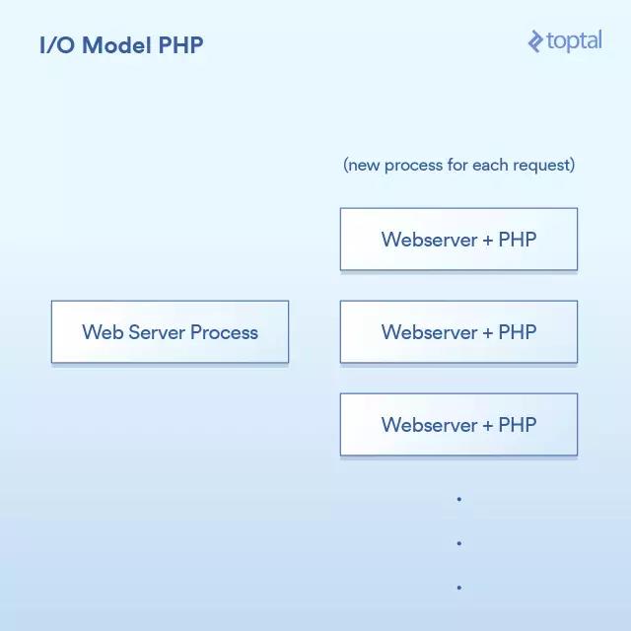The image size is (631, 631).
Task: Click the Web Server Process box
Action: (x=170, y=331)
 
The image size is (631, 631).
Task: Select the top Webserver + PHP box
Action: (x=458, y=239)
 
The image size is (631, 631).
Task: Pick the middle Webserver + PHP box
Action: (x=458, y=331)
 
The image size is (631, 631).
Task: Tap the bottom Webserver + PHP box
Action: (x=458, y=425)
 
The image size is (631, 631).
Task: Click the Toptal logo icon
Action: (x=535, y=41)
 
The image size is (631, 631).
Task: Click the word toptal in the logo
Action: (x=574, y=41)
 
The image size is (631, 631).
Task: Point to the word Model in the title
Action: (x=116, y=44)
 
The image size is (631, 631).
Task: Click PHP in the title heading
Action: (x=180, y=44)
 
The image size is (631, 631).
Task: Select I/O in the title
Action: (x=57, y=44)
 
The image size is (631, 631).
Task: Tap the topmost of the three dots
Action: (x=459, y=500)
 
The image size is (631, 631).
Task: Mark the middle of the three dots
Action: (x=459, y=543)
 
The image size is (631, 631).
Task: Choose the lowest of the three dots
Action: (x=459, y=588)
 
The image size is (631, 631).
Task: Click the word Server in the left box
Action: (x=157, y=332)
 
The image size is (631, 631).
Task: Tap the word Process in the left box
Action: (x=224, y=332)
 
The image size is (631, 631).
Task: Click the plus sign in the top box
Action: (x=488, y=241)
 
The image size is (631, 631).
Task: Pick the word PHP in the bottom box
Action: (x=518, y=425)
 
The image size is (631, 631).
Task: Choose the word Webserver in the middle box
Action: (x=430, y=332)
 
